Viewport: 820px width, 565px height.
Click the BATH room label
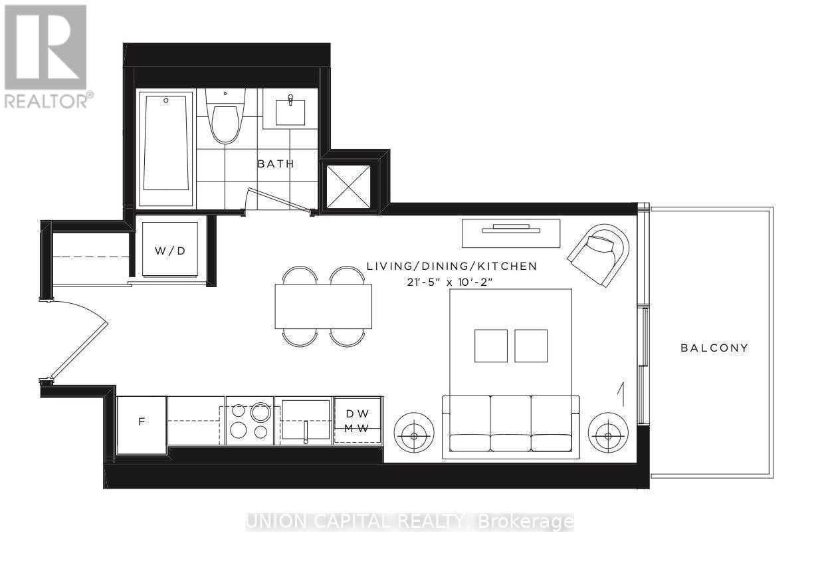click(276, 164)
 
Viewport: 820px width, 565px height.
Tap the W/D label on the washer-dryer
click(170, 251)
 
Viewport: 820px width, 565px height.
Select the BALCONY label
click(714, 348)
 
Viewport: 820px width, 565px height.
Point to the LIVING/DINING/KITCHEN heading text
click(451, 267)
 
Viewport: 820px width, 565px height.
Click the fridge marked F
click(141, 423)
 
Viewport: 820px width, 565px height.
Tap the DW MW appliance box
click(358, 420)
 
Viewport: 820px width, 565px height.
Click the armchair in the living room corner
click(599, 253)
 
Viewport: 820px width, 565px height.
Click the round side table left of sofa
click(415, 435)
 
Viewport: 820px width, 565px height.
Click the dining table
click(323, 306)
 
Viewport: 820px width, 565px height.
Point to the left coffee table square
click(490, 346)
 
